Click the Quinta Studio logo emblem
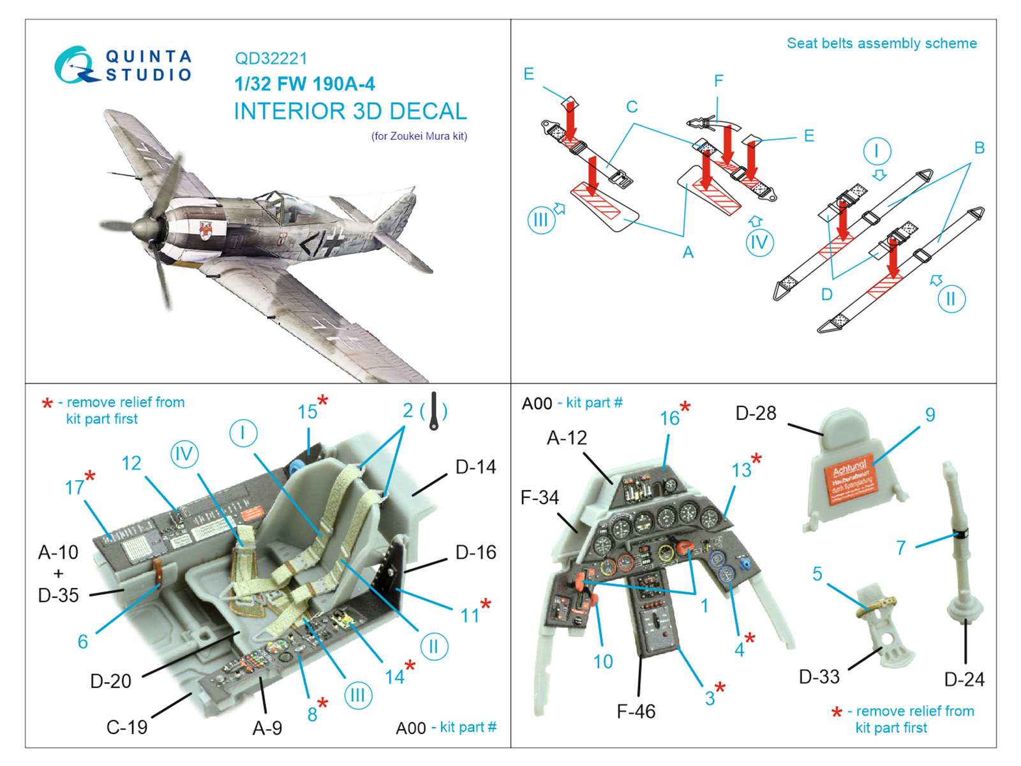[x=75, y=64]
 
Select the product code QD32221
[x=271, y=59]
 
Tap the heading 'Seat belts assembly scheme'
[x=881, y=43]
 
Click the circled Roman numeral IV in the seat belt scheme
[x=759, y=243]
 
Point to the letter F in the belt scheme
[x=719, y=81]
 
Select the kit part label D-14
[x=475, y=467]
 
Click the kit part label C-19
[x=126, y=726]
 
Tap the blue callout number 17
[x=74, y=488]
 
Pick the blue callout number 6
[x=82, y=642]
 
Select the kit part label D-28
[x=756, y=413]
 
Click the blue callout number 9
[x=930, y=415]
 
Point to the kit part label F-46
[x=636, y=711]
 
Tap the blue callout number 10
[x=602, y=661]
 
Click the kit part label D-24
[x=964, y=679]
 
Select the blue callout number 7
[x=900, y=548]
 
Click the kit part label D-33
[x=819, y=677]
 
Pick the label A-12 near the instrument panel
[x=567, y=438]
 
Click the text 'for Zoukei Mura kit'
[x=419, y=136]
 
